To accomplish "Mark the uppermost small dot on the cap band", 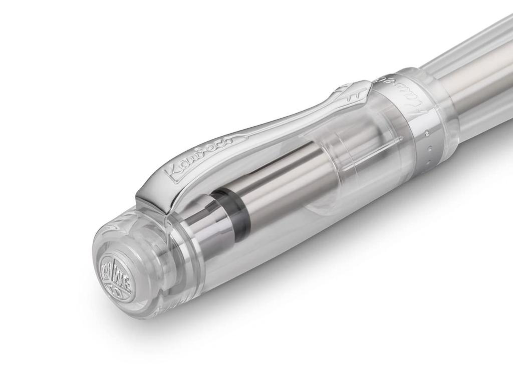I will [426, 132].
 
